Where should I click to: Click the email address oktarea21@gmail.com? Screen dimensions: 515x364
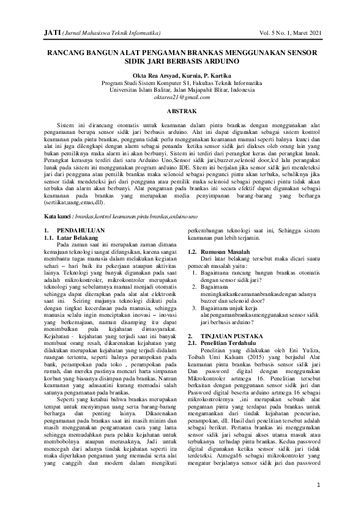pos(182,97)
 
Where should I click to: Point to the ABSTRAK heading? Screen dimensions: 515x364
pos(182,111)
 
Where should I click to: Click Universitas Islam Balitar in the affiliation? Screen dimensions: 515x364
pos(136,89)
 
